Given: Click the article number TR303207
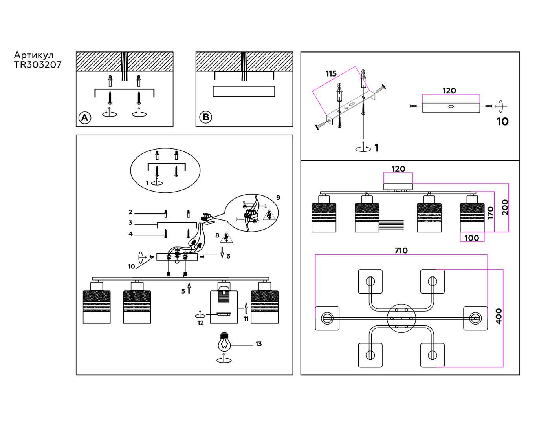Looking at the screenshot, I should click(x=38, y=65).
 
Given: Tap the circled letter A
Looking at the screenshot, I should click(x=85, y=117).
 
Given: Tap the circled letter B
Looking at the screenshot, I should click(x=205, y=117).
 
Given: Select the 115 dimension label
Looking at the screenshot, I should click(x=331, y=74).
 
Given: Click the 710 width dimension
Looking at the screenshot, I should click(x=401, y=250).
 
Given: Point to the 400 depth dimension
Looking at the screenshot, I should click(x=499, y=316).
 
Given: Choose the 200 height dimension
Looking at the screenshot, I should click(x=505, y=207).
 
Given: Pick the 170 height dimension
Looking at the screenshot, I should click(x=491, y=213).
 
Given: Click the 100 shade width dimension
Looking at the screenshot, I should click(x=471, y=238).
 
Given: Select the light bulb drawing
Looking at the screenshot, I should click(x=224, y=343).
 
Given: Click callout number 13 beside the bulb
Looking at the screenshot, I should click(x=258, y=344).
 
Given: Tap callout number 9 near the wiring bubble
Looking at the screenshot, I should click(x=278, y=197).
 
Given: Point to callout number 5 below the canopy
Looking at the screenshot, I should click(x=183, y=291).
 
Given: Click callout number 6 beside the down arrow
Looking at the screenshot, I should click(x=228, y=256).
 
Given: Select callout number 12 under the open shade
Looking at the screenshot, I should click(x=201, y=323).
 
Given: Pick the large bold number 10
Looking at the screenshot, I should click(x=502, y=122).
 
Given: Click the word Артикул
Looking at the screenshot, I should click(x=34, y=55).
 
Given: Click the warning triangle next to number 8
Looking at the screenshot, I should click(x=226, y=237).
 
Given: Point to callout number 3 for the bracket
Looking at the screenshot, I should click(x=130, y=223).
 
